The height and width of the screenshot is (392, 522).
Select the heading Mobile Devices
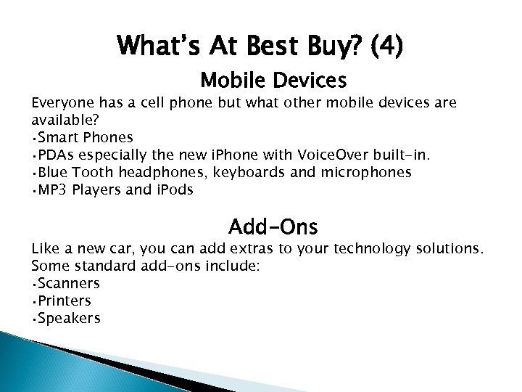point(273,78)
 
